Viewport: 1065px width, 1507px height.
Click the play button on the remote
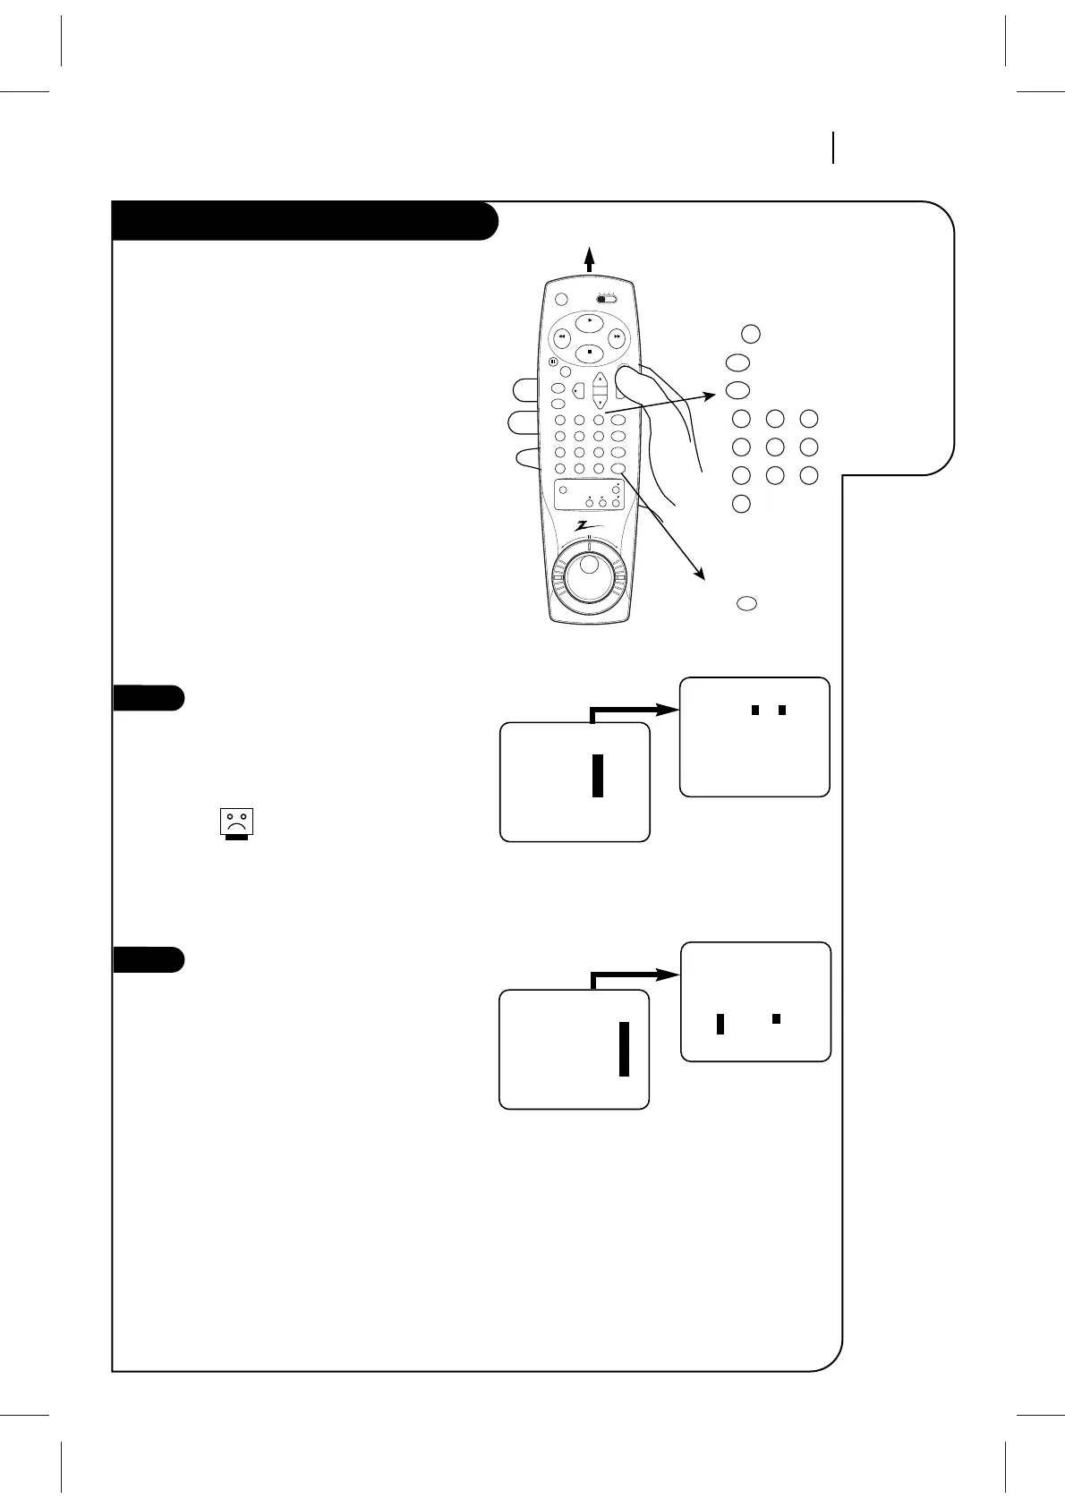(589, 320)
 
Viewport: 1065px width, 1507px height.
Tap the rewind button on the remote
(562, 337)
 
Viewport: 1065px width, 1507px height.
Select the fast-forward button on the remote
(618, 337)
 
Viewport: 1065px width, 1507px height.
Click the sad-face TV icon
(237, 822)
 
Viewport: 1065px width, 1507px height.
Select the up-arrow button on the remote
(600, 379)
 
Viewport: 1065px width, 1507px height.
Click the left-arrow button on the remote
(577, 391)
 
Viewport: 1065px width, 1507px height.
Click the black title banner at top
(304, 221)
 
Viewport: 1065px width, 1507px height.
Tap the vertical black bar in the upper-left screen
(598, 775)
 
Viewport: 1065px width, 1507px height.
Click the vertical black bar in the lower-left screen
(624, 1050)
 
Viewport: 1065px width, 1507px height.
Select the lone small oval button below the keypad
(746, 603)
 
